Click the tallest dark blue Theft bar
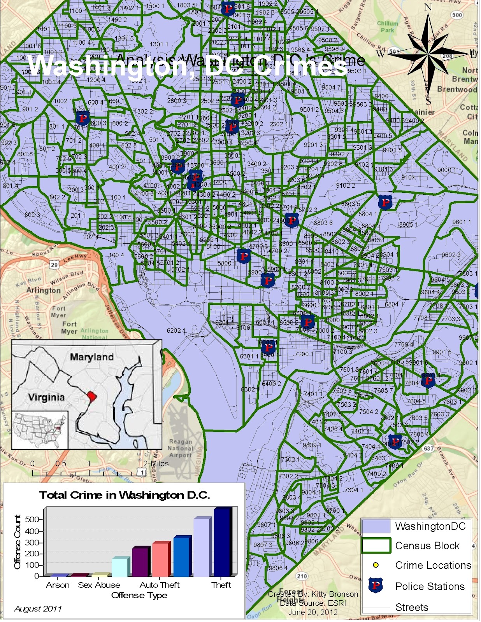tap(223, 542)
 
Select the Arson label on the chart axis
tap(58, 585)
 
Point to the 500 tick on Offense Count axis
tap(32, 519)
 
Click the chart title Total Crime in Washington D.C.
tap(125, 495)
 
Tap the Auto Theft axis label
tap(160, 585)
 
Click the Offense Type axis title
tap(139, 596)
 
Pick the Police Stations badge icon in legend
tap(376, 585)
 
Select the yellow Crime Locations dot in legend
tap(376, 565)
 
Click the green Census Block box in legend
tap(376, 545)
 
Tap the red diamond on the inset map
tap(91, 396)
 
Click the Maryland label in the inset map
tap(92, 357)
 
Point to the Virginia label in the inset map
tap(46, 397)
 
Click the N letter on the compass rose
tap(428, 8)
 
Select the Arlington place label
tap(44, 290)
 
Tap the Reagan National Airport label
tap(180, 448)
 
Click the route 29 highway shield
tap(54, 265)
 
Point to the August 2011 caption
tap(38, 609)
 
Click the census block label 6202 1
tap(176, 330)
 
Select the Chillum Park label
tap(388, 26)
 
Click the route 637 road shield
tap(429, 448)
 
